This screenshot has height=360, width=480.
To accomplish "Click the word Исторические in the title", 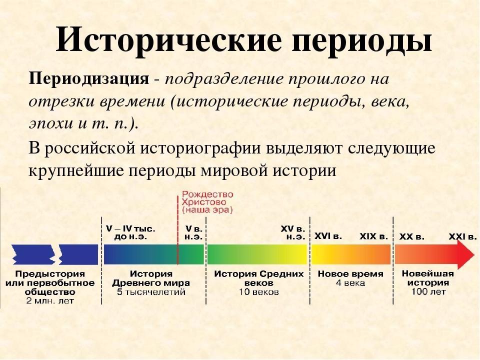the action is click(168, 39).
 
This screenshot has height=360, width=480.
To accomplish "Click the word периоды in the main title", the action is click(361, 42).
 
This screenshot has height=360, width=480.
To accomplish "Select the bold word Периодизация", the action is click(89, 79).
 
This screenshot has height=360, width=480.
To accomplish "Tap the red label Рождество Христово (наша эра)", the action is click(207, 202).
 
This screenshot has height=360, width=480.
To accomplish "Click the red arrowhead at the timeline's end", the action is click(465, 254).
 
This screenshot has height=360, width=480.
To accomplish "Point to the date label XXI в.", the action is click(462, 236).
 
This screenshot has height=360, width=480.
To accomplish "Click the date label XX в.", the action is click(411, 236).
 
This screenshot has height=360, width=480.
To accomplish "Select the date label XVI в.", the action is click(328, 236).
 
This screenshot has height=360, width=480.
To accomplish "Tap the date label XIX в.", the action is click(373, 236).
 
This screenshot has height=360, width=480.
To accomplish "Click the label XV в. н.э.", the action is click(293, 233).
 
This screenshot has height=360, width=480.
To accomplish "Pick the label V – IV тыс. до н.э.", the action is click(130, 233).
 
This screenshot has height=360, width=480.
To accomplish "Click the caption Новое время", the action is click(350, 273).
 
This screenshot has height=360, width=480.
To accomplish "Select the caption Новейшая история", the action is click(427, 278).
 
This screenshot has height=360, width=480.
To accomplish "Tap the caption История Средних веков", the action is click(258, 278).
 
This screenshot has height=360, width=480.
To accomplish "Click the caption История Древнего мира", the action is click(151, 278).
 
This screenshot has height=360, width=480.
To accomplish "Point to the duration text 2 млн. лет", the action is click(50, 301).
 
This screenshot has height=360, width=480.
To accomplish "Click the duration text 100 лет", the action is click(428, 291).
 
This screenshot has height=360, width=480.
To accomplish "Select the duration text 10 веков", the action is click(258, 291).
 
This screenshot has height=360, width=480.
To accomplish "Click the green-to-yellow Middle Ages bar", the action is click(257, 254).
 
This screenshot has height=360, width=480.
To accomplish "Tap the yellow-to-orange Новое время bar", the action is click(351, 254).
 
